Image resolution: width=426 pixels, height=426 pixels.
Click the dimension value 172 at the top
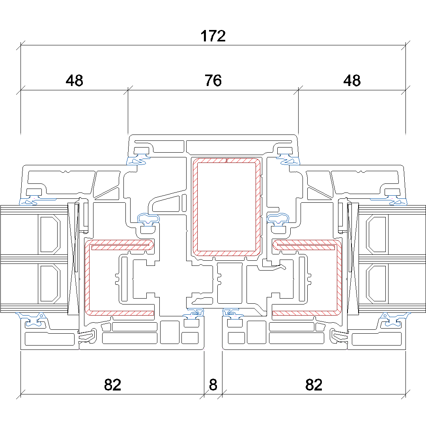[213, 36]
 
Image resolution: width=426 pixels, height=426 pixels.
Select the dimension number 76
[213, 81]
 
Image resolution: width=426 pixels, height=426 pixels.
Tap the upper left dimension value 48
[75, 81]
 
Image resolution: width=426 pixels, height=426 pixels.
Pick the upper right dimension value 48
[352, 81]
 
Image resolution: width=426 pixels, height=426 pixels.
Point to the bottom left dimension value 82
[112, 385]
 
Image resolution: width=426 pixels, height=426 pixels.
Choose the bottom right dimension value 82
[314, 385]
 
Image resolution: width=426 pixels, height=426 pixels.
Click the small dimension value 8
[213, 385]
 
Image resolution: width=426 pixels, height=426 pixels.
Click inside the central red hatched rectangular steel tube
[226, 207]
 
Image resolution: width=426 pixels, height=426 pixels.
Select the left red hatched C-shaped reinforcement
[87, 276]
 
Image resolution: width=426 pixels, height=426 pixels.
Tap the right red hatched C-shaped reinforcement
[339, 276]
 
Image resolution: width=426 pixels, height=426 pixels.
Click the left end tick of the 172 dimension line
[21, 45]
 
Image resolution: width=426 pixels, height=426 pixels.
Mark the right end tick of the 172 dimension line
[405, 45]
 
